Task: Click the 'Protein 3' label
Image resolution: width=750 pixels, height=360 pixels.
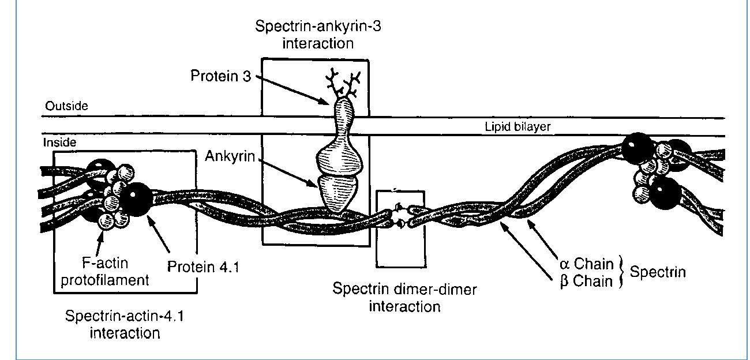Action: point(221,77)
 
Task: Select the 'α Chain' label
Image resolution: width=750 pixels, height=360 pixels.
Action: point(587,264)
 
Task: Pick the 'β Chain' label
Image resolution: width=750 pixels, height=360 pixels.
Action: point(587,282)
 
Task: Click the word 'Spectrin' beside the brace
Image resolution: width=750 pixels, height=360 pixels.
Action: point(658,272)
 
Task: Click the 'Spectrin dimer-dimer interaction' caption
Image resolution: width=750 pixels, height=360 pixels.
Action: point(404,297)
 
